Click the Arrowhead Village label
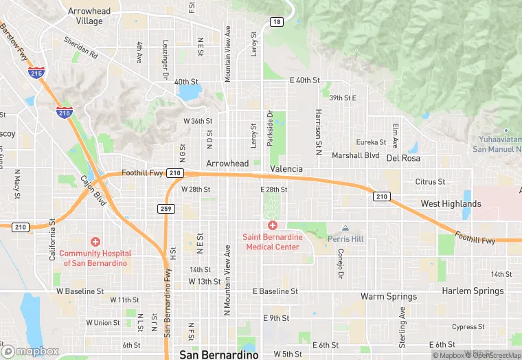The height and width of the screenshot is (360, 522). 85,16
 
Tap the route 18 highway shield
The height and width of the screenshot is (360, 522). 276,22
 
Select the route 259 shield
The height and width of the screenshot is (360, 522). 166,209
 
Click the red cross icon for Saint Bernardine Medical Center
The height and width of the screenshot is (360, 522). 272,225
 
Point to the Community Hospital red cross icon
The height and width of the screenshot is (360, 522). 95,242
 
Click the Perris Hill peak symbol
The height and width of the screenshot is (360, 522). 345,228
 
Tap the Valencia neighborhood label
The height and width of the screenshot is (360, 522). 286,169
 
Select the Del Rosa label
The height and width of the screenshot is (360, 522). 402,157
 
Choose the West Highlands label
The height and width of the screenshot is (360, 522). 451,204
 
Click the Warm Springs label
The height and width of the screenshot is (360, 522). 389,297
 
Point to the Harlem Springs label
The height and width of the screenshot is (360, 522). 473,291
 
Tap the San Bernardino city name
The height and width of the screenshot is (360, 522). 218,355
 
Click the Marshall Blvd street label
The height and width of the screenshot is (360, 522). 356,156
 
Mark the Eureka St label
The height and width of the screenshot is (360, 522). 371,142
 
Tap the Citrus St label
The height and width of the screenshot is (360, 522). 430,182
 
